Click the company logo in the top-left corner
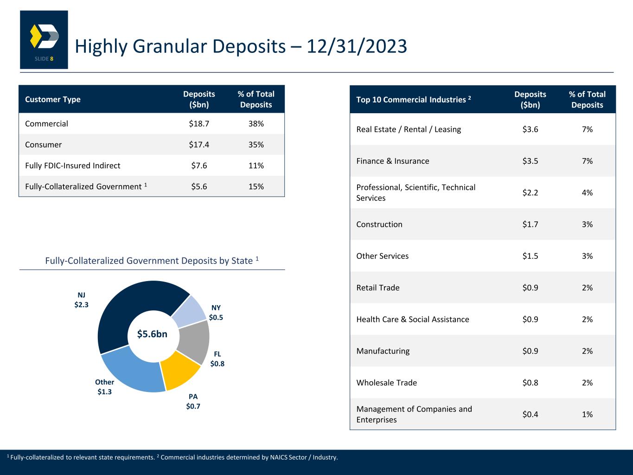(x=44, y=39)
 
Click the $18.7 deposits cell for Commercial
(x=199, y=124)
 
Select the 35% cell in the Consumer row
(x=256, y=145)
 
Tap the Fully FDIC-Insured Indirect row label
(x=73, y=166)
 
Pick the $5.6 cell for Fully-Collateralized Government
(x=199, y=186)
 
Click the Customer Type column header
(x=53, y=99)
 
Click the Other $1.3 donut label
(x=104, y=387)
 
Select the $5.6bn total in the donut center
(x=153, y=334)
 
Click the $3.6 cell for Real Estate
(x=530, y=129)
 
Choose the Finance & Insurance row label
(x=393, y=161)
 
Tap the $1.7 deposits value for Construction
(x=530, y=225)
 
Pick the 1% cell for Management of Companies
(x=587, y=414)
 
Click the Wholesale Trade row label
(x=387, y=383)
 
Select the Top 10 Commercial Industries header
(x=414, y=99)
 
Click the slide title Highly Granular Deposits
(x=241, y=46)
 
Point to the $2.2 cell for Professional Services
(x=530, y=193)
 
